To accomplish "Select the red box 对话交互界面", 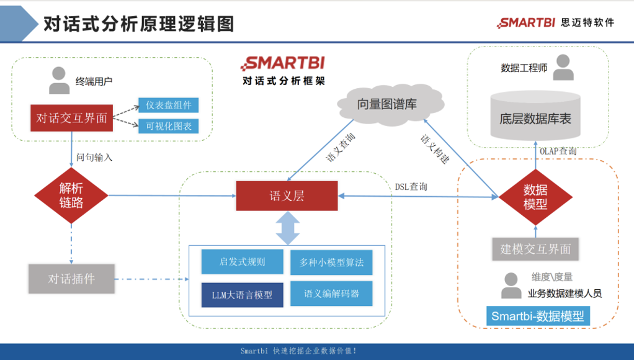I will click(x=72, y=118).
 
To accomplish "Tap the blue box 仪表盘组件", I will click(x=168, y=105).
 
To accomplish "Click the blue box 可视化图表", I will click(x=168, y=126).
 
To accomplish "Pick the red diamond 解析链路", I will click(x=71, y=196).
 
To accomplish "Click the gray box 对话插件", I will click(x=72, y=279).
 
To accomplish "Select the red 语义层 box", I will click(x=287, y=196).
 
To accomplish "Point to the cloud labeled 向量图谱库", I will click(x=386, y=104).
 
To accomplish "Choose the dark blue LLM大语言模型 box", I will click(x=242, y=295).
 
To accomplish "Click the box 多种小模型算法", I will click(x=331, y=263).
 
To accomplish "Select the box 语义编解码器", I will click(x=331, y=294).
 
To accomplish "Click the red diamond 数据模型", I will click(x=535, y=197).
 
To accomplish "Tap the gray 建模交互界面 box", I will click(x=535, y=249).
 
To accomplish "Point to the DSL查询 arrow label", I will click(x=411, y=186).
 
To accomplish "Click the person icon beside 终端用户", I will click(x=60, y=81).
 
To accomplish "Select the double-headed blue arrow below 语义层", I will click(x=287, y=227).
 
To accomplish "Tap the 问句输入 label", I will click(x=94, y=158).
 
